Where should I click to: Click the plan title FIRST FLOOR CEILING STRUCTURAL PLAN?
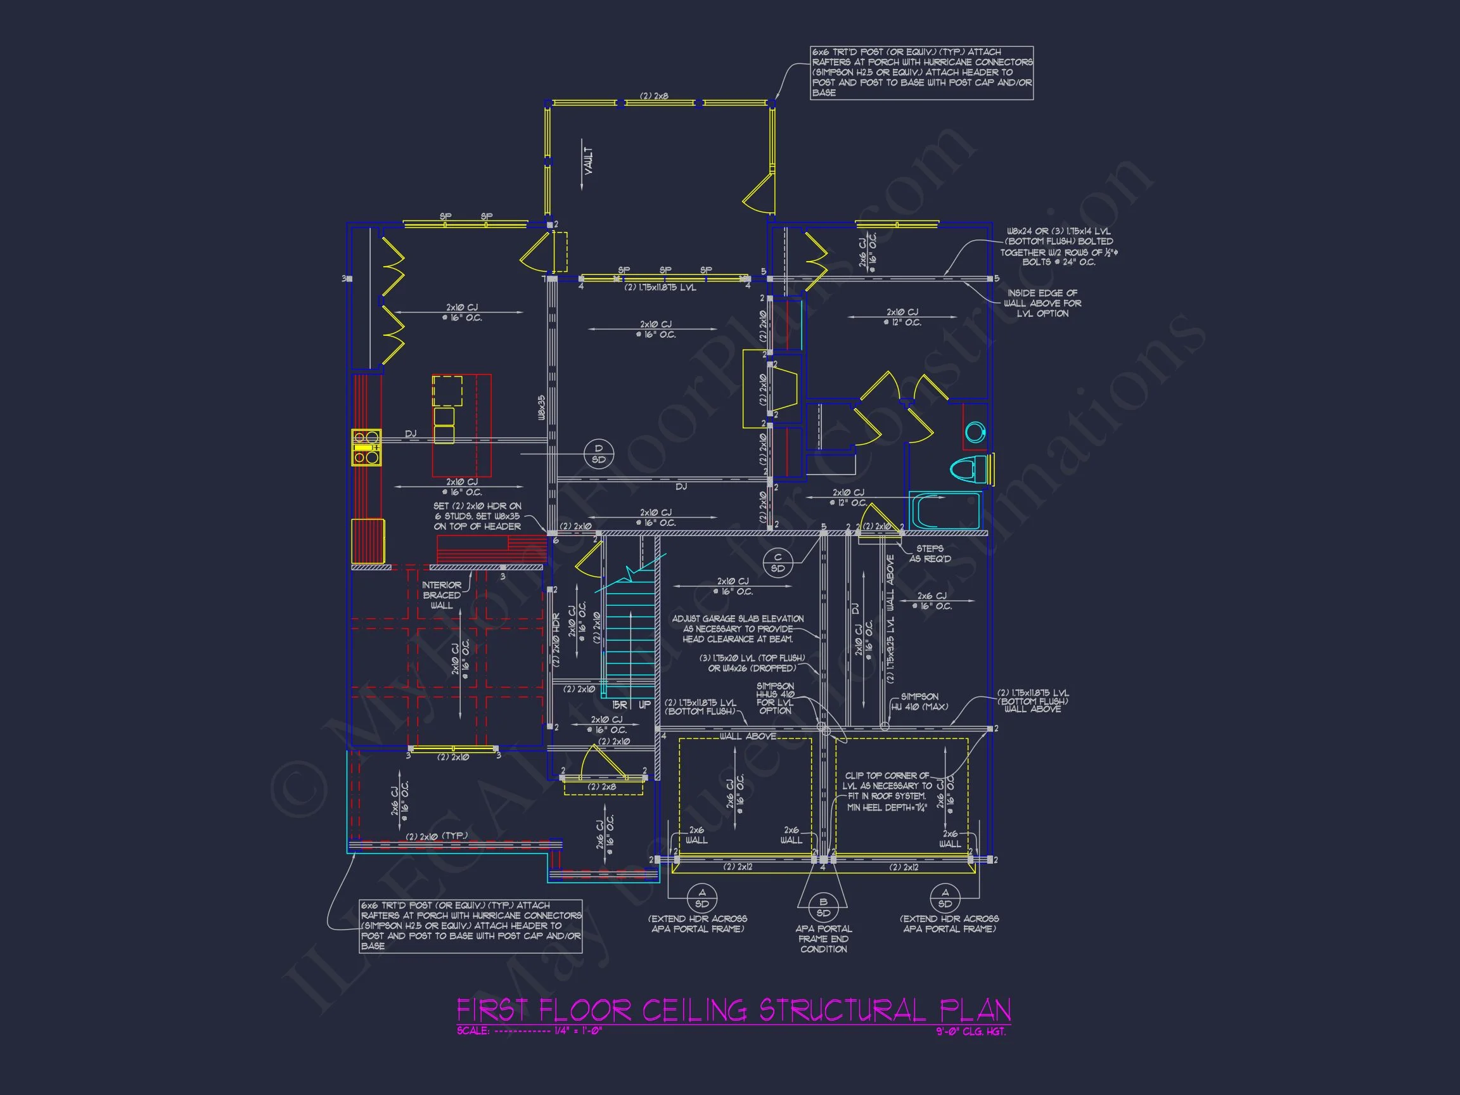[733, 1010]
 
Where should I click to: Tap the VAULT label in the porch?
[588, 161]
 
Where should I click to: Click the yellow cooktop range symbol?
[366, 448]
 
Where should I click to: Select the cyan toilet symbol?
[968, 469]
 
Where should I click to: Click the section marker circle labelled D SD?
[599, 454]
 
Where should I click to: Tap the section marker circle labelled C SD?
[778, 562]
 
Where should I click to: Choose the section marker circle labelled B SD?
[823, 907]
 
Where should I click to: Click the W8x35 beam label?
[541, 408]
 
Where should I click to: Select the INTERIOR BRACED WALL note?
[442, 594]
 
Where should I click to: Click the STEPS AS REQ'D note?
[930, 554]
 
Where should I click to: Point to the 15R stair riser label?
[619, 705]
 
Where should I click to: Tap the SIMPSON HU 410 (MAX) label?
[919, 701]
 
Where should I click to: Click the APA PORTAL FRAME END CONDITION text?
[823, 938]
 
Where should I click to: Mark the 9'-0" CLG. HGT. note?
[971, 1032]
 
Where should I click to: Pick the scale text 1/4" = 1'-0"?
[577, 1031]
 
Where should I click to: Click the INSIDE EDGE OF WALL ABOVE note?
[1042, 303]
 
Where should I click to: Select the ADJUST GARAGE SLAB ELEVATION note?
[737, 629]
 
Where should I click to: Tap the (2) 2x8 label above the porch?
[653, 96]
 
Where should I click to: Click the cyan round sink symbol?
[975, 432]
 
